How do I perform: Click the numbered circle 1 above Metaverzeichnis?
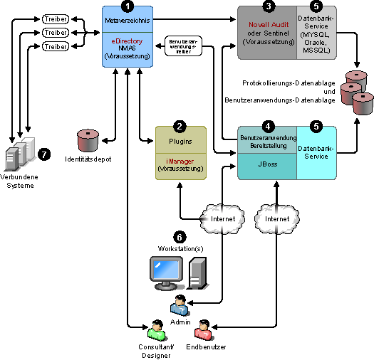point(128,6)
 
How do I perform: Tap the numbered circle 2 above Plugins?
point(180,127)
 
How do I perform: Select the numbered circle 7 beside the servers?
point(44,154)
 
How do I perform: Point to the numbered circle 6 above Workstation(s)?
point(180,237)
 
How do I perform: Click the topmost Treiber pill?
point(56,19)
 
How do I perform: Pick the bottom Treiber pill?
point(56,46)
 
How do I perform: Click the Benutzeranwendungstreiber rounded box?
point(183,46)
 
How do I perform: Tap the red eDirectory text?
point(127,41)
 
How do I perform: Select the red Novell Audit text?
point(269,24)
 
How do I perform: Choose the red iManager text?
point(180,162)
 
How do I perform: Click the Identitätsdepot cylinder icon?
point(88,141)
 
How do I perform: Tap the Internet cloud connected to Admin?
point(222,218)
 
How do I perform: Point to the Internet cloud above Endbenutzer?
point(277,218)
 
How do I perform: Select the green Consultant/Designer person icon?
point(157,330)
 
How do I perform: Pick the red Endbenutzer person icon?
point(204,330)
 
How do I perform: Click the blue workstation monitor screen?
point(166,270)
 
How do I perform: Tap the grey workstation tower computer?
point(197,273)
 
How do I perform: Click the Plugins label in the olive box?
point(180,142)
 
